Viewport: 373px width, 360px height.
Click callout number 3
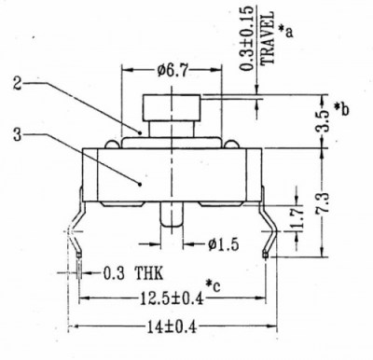pyautogui.click(x=18, y=136)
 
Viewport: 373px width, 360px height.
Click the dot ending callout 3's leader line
pyautogui.click(x=139, y=184)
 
